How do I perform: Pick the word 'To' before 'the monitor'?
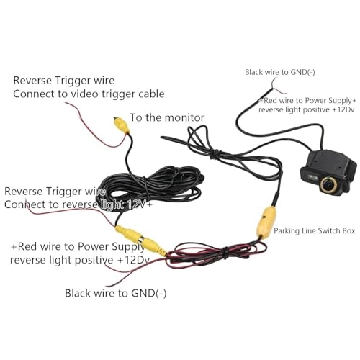[x=136, y=117]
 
